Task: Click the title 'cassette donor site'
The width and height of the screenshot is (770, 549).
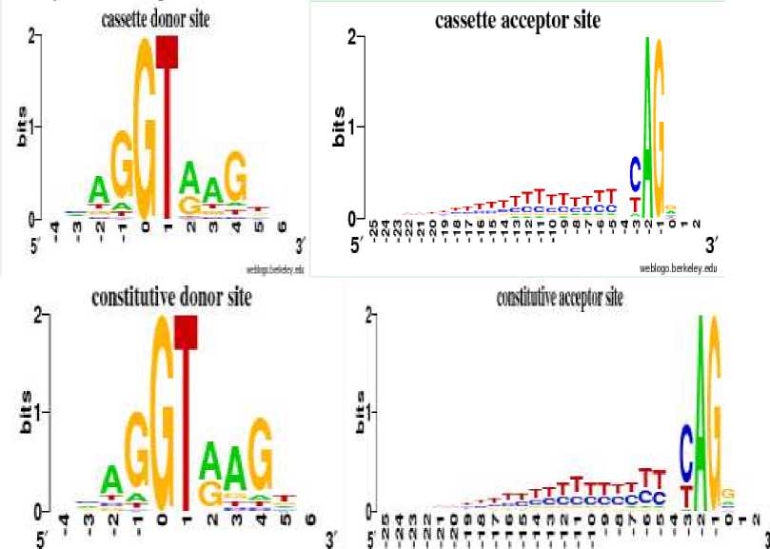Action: coord(156,19)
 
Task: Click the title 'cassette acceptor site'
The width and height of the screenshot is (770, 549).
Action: coord(518,21)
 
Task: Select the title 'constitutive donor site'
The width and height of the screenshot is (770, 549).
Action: coord(171,298)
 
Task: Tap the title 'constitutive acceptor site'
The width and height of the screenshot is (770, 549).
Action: coord(560,299)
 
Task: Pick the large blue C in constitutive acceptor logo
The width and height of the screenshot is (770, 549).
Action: coord(685,449)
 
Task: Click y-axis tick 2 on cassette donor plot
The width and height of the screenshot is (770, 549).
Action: coord(32,36)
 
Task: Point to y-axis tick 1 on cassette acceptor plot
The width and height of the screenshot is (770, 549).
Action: coord(351,127)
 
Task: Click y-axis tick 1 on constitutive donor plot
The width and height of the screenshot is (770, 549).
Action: coord(33,412)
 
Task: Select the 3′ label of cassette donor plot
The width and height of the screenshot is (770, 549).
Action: coord(301,247)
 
